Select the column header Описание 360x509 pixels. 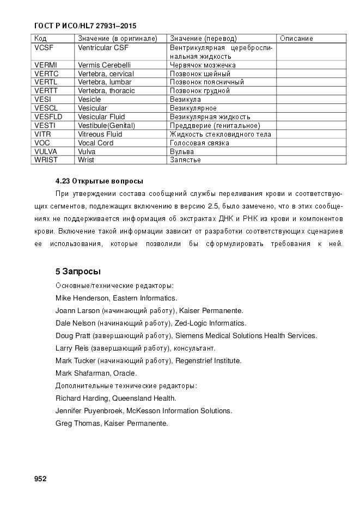296,39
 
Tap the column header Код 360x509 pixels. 40,39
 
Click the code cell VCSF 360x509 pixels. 44,47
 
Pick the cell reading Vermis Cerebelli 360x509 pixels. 104,65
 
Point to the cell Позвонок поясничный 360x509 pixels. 207,82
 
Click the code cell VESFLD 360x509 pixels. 48,116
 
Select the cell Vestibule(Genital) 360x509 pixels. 106,125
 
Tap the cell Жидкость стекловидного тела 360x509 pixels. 220,134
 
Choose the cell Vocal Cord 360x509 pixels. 96,143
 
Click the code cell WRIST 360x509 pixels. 45,160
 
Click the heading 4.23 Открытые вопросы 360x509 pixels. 99,181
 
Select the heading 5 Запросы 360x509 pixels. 78,271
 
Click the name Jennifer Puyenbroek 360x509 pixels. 89,410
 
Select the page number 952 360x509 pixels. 40,479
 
